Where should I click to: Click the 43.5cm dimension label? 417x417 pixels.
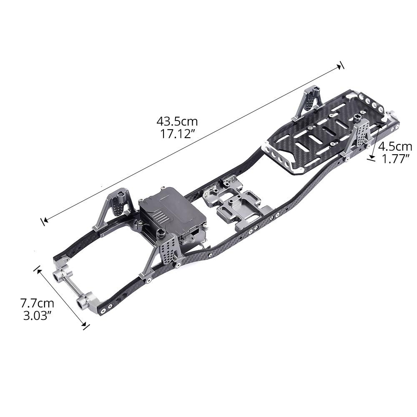(x=177, y=122)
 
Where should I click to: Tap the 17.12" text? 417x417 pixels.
(x=177, y=134)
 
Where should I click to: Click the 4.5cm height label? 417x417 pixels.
(x=395, y=146)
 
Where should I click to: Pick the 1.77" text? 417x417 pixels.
(x=395, y=158)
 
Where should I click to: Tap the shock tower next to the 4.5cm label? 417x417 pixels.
(x=359, y=136)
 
